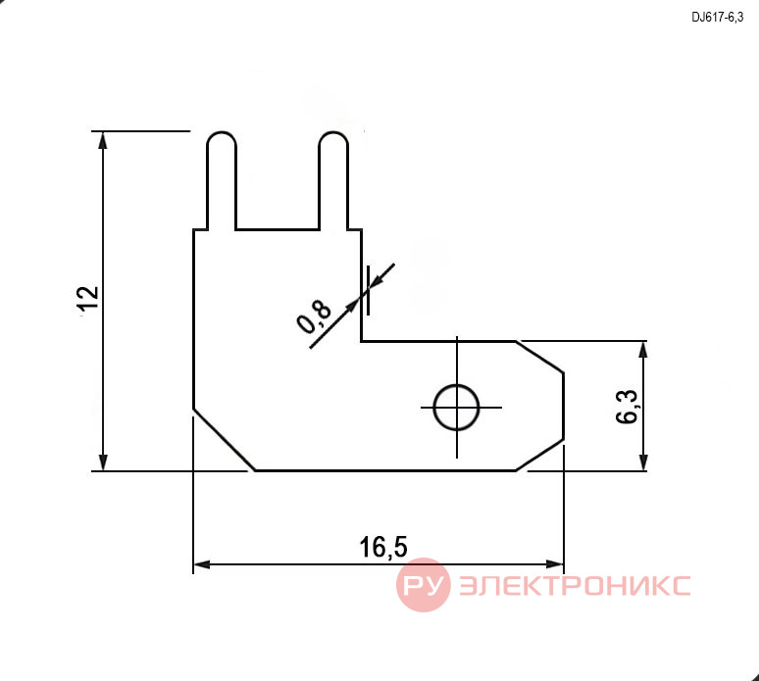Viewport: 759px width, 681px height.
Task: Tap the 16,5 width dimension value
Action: coord(383,547)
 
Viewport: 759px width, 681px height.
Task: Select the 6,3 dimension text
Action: coord(628,407)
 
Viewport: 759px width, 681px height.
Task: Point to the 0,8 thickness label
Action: coord(314,316)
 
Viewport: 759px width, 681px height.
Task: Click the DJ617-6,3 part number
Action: coord(718,18)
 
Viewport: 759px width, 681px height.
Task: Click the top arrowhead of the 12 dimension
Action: coord(102,140)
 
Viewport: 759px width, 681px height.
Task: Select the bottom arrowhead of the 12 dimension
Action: coord(102,461)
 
